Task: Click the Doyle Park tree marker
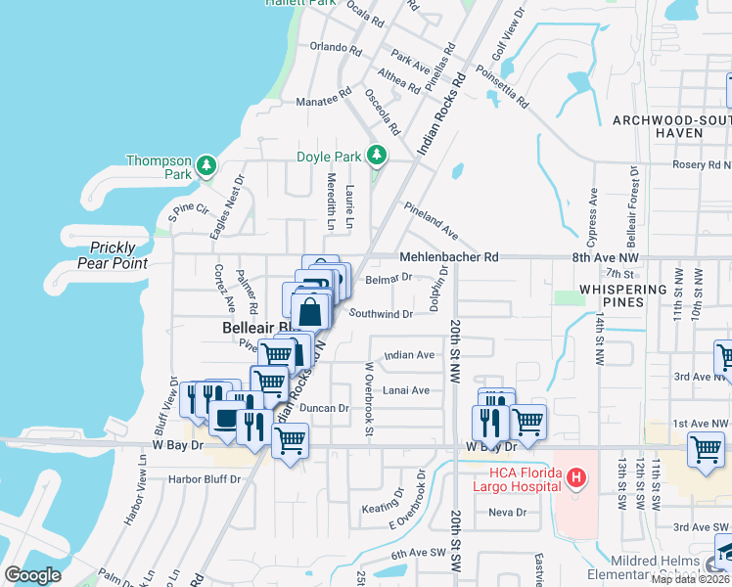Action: click(x=376, y=156)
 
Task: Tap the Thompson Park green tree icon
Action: click(x=206, y=165)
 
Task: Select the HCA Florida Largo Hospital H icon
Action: click(x=577, y=478)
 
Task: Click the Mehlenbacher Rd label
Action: click(x=449, y=257)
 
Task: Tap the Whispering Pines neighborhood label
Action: click(x=623, y=296)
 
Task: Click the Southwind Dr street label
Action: click(x=381, y=314)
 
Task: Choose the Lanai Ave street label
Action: click(x=407, y=390)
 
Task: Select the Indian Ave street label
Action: click(x=409, y=355)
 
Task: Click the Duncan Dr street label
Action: click(x=324, y=408)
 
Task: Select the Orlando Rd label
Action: click(x=329, y=47)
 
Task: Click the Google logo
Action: click(x=32, y=574)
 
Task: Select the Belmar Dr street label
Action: click(x=388, y=278)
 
